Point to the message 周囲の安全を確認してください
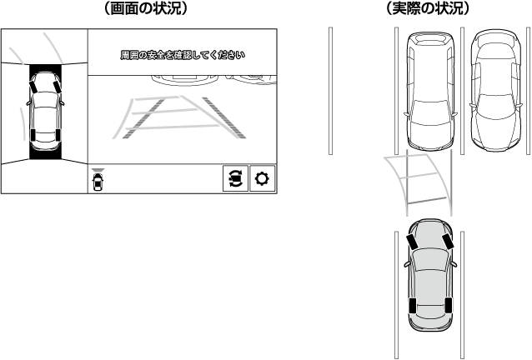coord(182,55)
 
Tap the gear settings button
coord(263,180)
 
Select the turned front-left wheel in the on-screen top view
coord(33,85)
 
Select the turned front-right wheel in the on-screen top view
coord(56,84)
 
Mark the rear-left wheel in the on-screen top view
coord(31,136)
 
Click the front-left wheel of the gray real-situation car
coord(413,242)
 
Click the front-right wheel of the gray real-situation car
coord(448,242)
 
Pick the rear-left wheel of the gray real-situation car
coord(413,304)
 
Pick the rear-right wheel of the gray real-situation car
coord(449,304)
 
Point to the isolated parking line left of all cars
coord(330,90)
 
